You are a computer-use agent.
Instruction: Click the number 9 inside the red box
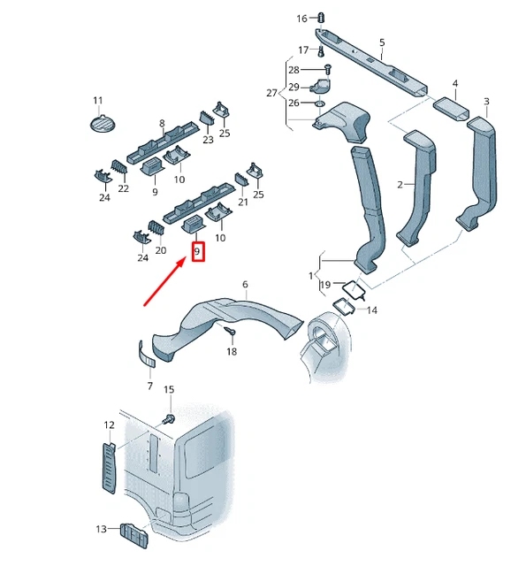[198, 253]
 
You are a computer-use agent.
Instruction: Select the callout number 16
[301, 19]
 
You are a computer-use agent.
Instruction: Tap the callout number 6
[245, 284]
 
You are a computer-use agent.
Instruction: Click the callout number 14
[371, 310]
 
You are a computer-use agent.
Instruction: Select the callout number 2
[400, 184]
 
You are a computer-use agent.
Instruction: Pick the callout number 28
[294, 69]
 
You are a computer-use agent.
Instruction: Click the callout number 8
[162, 124]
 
